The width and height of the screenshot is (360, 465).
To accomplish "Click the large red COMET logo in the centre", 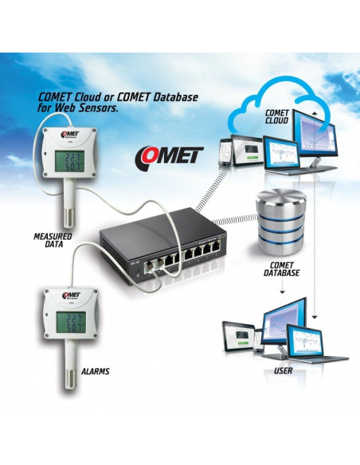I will click(169, 153).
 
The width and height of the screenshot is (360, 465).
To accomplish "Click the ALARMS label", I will click(95, 371).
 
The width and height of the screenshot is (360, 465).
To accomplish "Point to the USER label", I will click(282, 371).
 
